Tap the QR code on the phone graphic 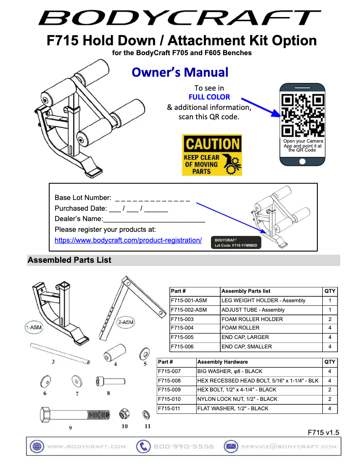pos(302,115)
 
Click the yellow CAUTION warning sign pos(212,155)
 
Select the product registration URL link pos(128,240)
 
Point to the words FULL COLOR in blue pos(209,97)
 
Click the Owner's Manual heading pos(180,72)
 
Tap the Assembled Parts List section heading pos(70,260)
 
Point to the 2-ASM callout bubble pos(125,322)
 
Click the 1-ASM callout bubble pos(33,327)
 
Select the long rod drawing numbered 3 pos(60,353)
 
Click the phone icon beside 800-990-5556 pos(143,447)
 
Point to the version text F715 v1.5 pos(323,433)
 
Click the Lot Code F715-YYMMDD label pos(236,243)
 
